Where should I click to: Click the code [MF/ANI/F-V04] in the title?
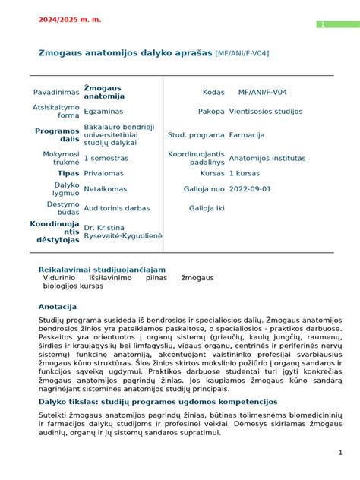242,53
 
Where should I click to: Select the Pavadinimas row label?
56,93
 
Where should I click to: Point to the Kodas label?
213,93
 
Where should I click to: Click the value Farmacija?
247,135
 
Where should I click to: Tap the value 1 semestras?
106,159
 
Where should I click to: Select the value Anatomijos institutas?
267,159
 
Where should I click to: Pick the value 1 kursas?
247,174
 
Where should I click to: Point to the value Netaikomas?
106,189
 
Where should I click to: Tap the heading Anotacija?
58,307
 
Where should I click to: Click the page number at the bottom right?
340,453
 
